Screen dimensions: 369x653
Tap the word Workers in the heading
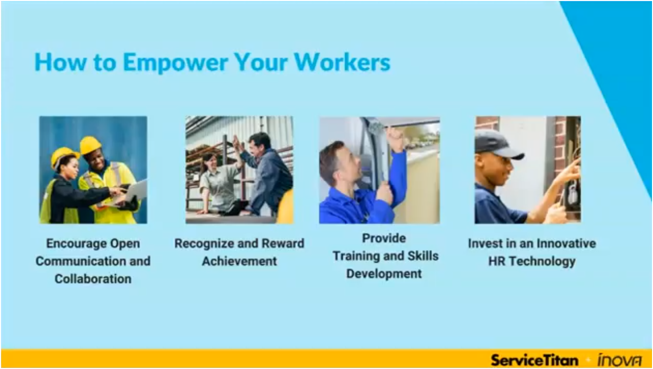coord(342,63)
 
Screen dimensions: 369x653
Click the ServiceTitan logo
coord(534,359)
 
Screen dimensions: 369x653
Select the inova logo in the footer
coord(619,360)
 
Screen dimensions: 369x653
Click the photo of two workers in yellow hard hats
coord(93,170)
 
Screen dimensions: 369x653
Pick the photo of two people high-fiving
coord(239,170)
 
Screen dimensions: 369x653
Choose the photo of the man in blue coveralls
coord(379,170)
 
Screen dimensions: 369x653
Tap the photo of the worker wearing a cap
coord(528,170)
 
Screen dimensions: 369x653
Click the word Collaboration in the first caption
coord(93,279)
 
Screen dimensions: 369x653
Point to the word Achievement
coord(239,261)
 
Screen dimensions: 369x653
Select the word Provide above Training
coord(384,238)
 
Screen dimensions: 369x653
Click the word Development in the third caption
coord(384,273)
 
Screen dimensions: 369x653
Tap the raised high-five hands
coord(237,143)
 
